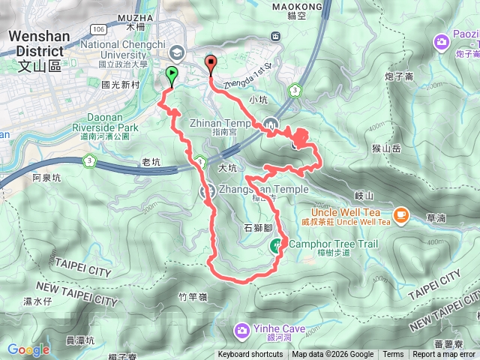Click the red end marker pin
pos(210,64)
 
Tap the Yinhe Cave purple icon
pos(241,329)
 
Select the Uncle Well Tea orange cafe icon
pos(400,216)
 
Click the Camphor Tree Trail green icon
pos(277,244)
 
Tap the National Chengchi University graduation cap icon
pos(176,52)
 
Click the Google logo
pos(28,349)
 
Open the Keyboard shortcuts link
pos(250,355)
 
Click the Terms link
pos(393,355)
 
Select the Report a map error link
pos(444,355)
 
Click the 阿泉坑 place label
pos(46,178)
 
